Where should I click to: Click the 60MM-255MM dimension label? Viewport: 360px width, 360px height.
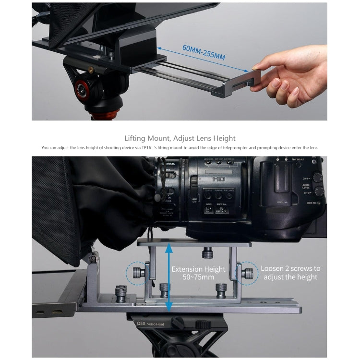click(204, 52)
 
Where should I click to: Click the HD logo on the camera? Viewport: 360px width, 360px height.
click(219, 179)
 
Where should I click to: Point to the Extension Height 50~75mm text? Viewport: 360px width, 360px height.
click(193, 273)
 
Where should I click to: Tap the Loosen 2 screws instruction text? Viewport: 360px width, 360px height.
click(290, 273)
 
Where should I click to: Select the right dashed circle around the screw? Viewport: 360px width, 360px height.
click(246, 275)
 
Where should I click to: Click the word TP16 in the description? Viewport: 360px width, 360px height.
click(147, 148)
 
